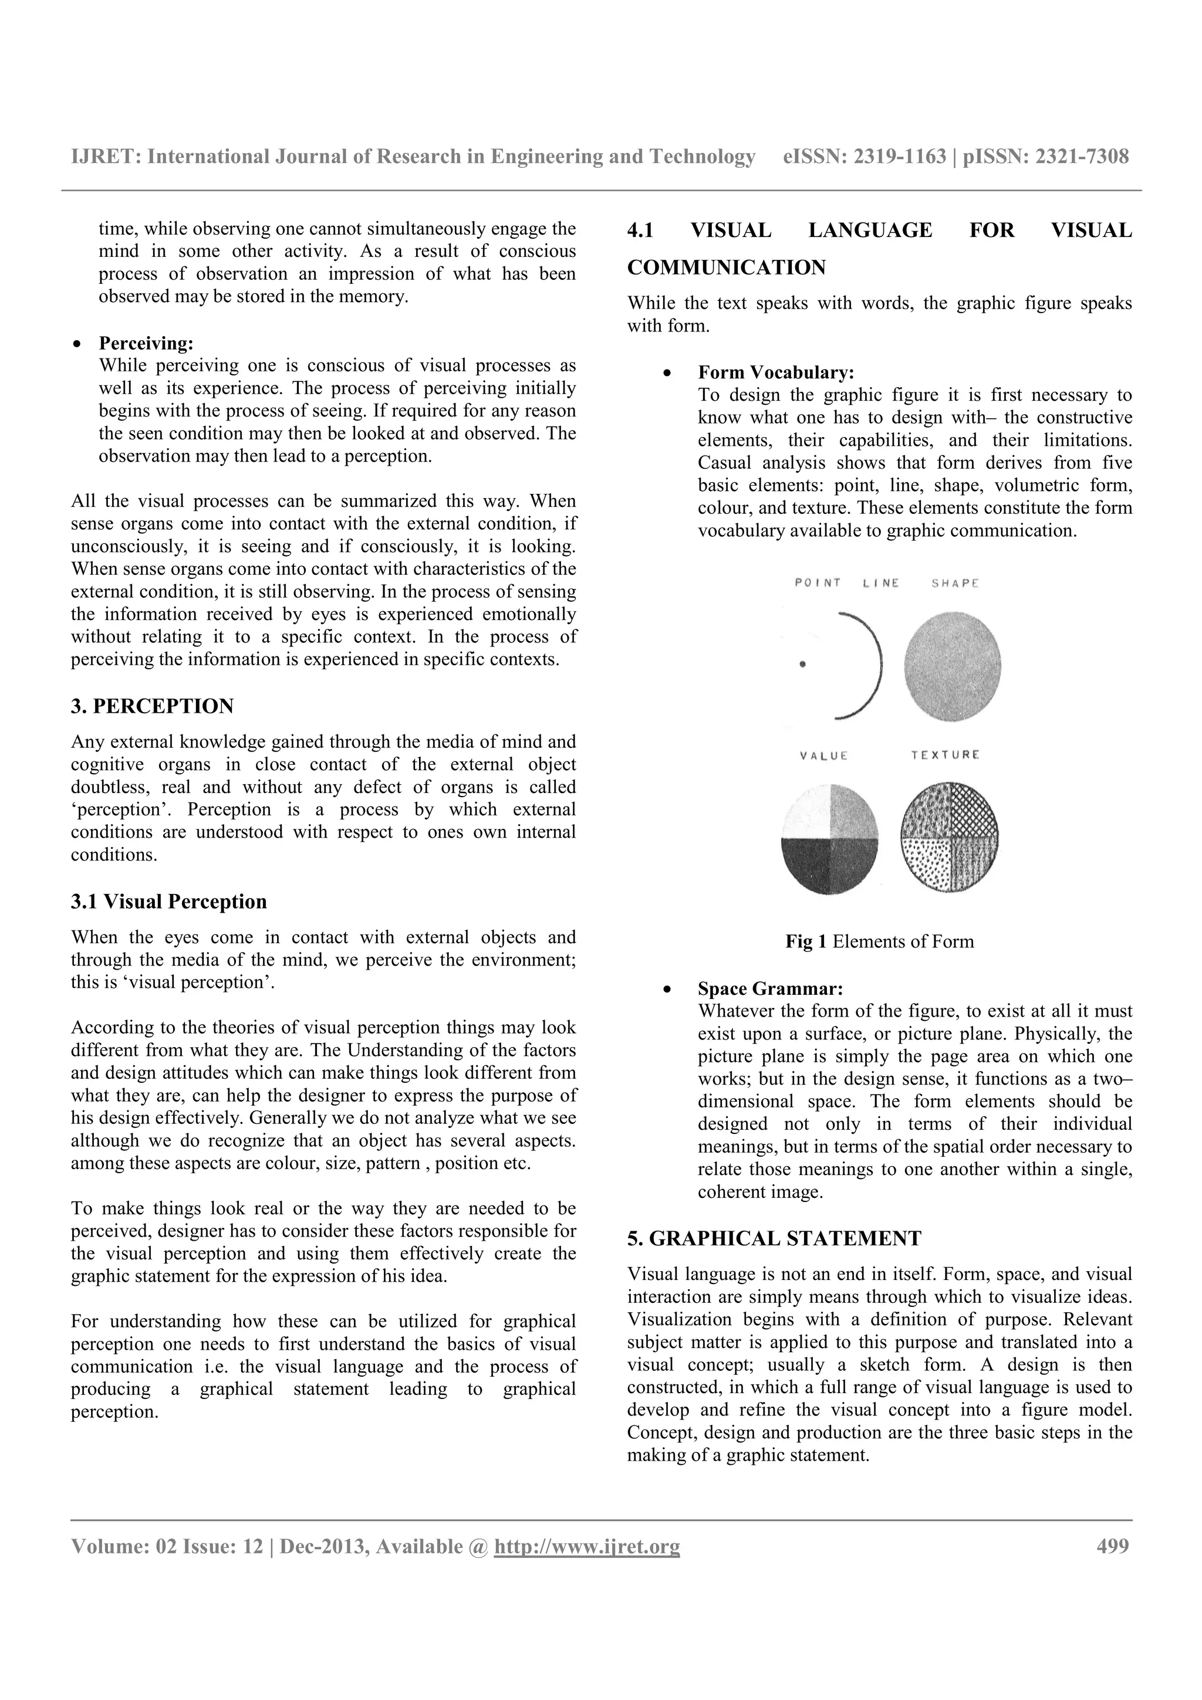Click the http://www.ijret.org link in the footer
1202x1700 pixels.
pyautogui.click(x=586, y=1547)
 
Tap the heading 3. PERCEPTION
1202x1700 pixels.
pyautogui.click(x=152, y=706)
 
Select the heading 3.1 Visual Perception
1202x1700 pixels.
pyautogui.click(x=169, y=902)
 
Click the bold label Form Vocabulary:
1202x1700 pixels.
pyautogui.click(x=776, y=372)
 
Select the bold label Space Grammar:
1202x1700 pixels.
pyautogui.click(x=770, y=989)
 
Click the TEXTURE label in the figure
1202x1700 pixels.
pyautogui.click(x=945, y=755)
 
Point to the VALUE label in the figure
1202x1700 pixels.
pyautogui.click(x=823, y=756)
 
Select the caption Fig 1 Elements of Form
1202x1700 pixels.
pyautogui.click(x=879, y=942)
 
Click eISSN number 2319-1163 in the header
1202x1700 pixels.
pyautogui.click(x=900, y=156)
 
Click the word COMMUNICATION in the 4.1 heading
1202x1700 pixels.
pyautogui.click(x=726, y=267)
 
